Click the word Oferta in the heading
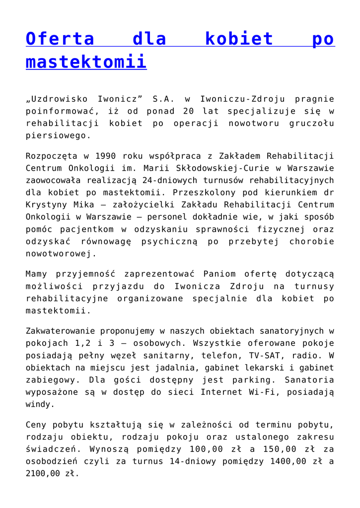point(60,39)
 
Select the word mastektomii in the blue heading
point(86,63)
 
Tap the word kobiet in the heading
point(239,39)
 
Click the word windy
point(38,404)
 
